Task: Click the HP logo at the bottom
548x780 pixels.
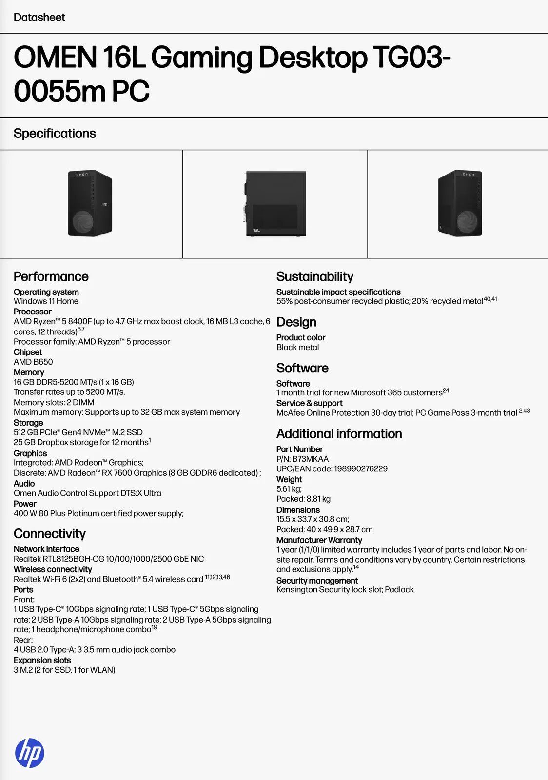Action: pyautogui.click(x=30, y=753)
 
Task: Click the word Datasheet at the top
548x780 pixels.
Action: pyautogui.click(x=39, y=18)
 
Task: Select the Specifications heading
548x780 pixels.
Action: pyautogui.click(x=55, y=134)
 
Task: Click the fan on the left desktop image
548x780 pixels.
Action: pyautogui.click(x=82, y=222)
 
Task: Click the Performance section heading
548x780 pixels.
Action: pyautogui.click(x=51, y=276)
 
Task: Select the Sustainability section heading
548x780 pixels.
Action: pyautogui.click(x=314, y=276)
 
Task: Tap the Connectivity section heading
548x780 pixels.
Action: pyautogui.click(x=50, y=534)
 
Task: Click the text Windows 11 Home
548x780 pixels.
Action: pyautogui.click(x=46, y=301)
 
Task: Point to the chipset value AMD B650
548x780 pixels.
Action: pyautogui.click(x=33, y=362)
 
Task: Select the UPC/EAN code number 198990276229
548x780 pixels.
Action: pyautogui.click(x=360, y=469)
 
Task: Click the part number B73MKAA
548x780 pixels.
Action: pyautogui.click(x=310, y=459)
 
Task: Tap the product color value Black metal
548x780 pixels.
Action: pyautogui.click(x=297, y=347)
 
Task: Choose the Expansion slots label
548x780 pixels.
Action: pyautogui.click(x=42, y=660)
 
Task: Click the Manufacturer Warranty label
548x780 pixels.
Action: pyautogui.click(x=319, y=540)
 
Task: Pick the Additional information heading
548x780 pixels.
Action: pyautogui.click(x=339, y=434)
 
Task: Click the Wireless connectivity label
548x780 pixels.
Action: pyautogui.click(x=53, y=569)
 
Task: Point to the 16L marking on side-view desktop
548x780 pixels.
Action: pyautogui.click(x=256, y=230)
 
